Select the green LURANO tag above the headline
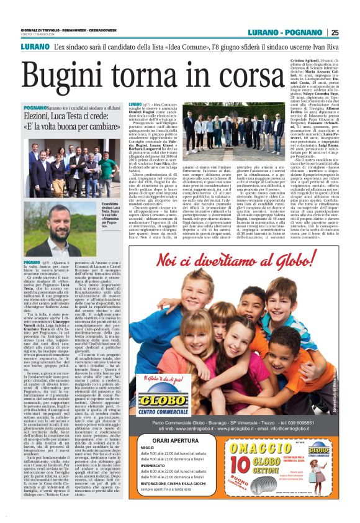(x=35, y=47)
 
